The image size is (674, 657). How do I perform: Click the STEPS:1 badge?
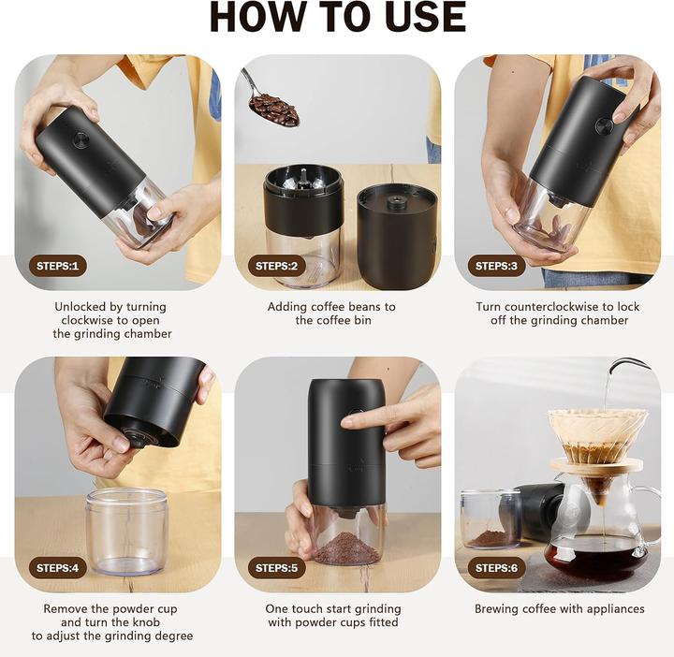58,266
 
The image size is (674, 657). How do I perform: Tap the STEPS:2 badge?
277,266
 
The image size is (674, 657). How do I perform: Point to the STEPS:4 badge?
58,568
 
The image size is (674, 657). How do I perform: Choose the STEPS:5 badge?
277,568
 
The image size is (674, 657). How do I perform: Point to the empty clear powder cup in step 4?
126,529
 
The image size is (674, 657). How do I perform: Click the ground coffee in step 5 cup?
345,548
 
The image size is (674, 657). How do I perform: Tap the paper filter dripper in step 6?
596,436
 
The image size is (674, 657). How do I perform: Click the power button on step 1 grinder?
81,140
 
